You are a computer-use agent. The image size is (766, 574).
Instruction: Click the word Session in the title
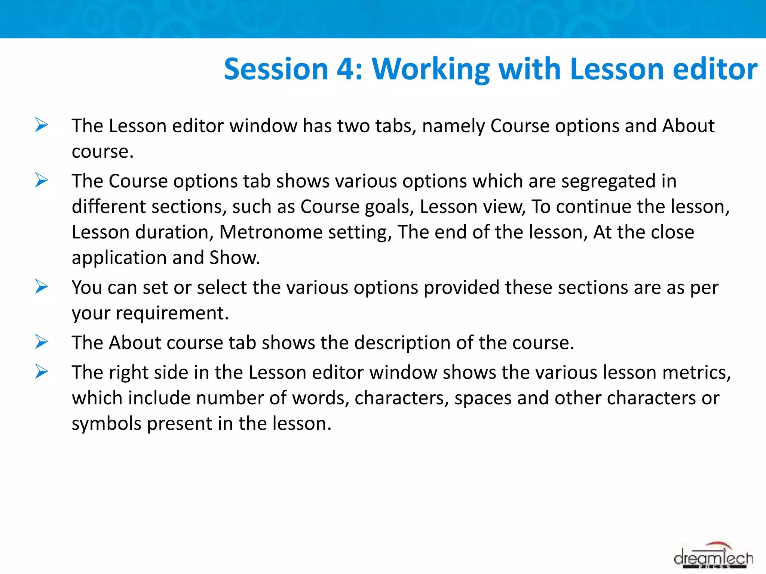276,69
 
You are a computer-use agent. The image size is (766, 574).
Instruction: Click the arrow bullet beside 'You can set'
42,287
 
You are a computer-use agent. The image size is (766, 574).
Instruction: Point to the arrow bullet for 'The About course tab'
42,342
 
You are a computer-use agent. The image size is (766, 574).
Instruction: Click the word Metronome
270,232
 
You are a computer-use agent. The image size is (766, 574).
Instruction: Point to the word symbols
106,423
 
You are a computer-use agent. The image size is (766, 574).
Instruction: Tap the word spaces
483,398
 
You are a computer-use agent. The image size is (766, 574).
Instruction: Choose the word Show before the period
233,257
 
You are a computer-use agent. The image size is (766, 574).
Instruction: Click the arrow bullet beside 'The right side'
42,371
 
